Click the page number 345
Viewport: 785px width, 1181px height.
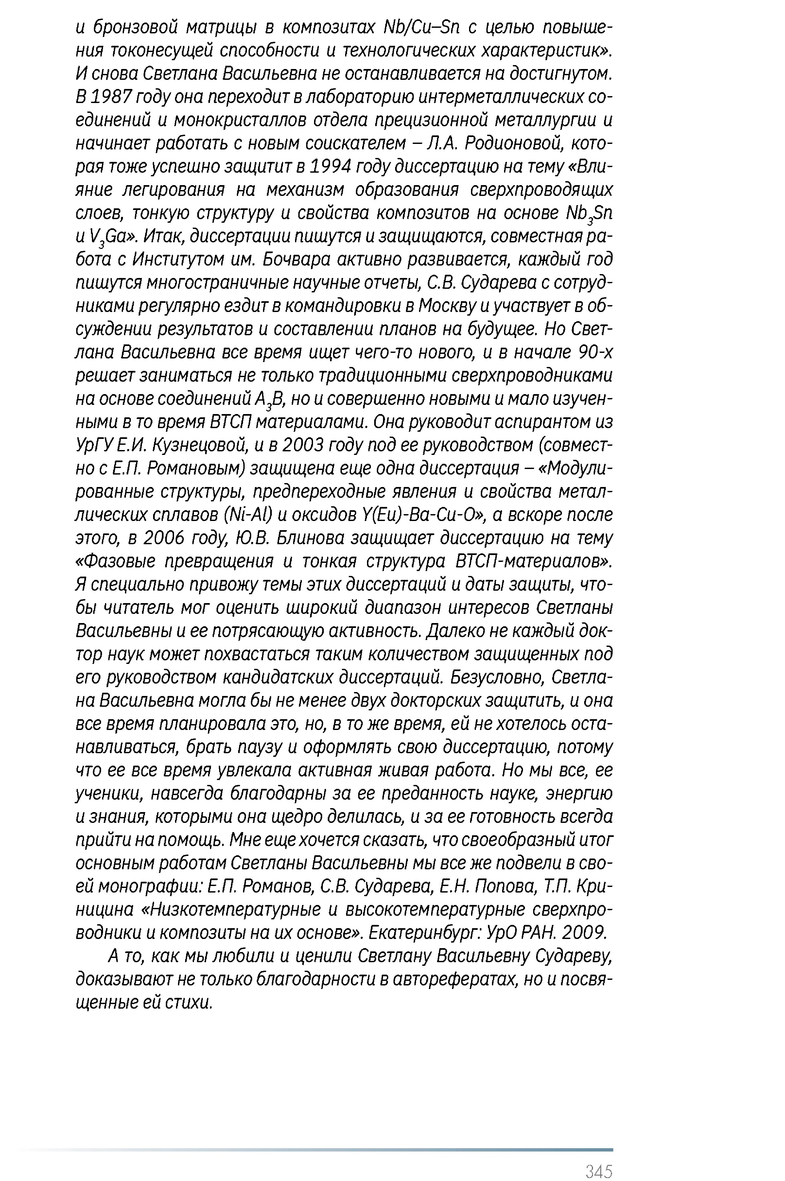599,1157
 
